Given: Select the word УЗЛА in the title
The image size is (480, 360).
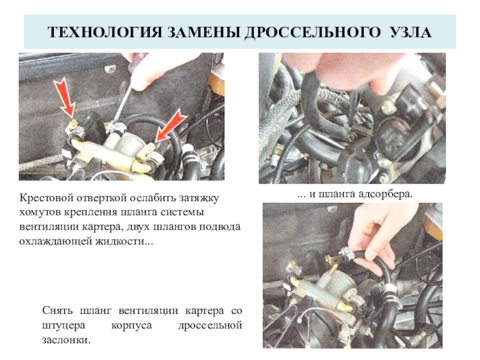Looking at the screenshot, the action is [x=410, y=32].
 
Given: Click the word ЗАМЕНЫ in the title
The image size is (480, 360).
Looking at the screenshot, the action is [x=203, y=32].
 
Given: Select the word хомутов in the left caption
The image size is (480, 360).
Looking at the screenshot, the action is [x=39, y=212].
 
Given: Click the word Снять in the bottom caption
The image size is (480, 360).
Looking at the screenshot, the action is [x=58, y=311].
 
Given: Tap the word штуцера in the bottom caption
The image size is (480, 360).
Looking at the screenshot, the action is [x=64, y=326].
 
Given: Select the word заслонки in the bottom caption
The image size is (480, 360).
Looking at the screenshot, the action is [x=66, y=340].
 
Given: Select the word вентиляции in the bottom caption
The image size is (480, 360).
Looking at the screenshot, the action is [x=148, y=311].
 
